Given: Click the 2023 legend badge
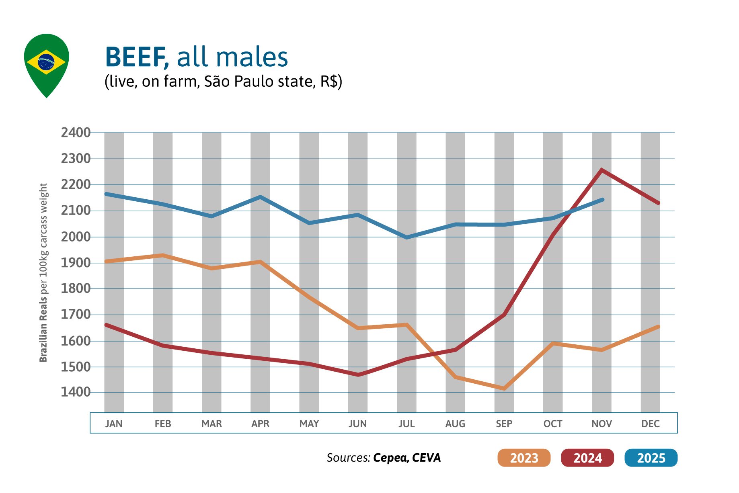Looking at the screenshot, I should (x=523, y=458).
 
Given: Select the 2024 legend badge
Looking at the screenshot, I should (x=587, y=458).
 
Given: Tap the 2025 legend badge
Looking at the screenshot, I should (x=651, y=458).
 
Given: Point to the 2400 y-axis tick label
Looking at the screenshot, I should (x=76, y=133).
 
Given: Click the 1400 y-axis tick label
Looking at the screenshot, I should (x=76, y=392).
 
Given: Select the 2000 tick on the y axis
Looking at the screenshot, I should (x=76, y=237).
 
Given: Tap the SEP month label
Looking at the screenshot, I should (x=504, y=423).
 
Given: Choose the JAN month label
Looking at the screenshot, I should (x=114, y=423).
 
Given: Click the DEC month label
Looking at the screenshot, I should (x=650, y=423).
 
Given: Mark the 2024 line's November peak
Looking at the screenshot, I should (x=601, y=170).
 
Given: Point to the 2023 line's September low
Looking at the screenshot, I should (x=504, y=389).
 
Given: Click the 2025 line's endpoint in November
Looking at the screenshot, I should (x=602, y=200).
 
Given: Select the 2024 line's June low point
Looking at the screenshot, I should (x=358, y=375).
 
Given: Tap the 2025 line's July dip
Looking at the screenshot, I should (x=406, y=237).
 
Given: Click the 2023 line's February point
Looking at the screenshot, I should (x=163, y=255).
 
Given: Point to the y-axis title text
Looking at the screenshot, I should (x=43, y=273).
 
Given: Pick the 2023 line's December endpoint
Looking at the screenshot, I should (x=658, y=327).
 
